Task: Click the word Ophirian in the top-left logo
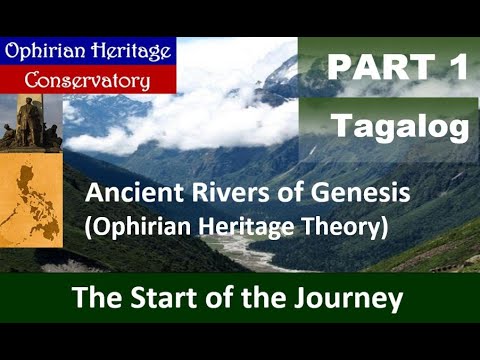45,51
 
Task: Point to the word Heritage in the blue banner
124,51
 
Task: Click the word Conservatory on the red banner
89,79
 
